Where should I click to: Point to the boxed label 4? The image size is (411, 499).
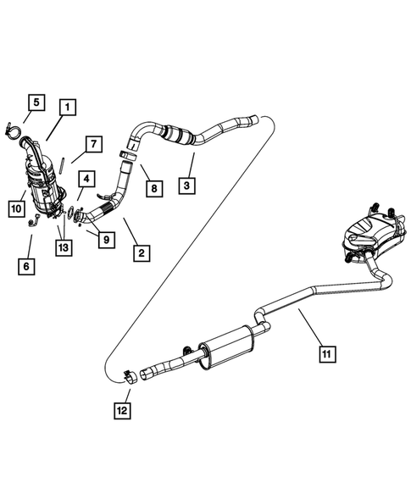coord(86,179)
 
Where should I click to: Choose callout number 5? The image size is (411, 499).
coord(34,103)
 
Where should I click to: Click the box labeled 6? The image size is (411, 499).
coord(29,266)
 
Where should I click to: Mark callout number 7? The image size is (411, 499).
coord(92,142)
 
